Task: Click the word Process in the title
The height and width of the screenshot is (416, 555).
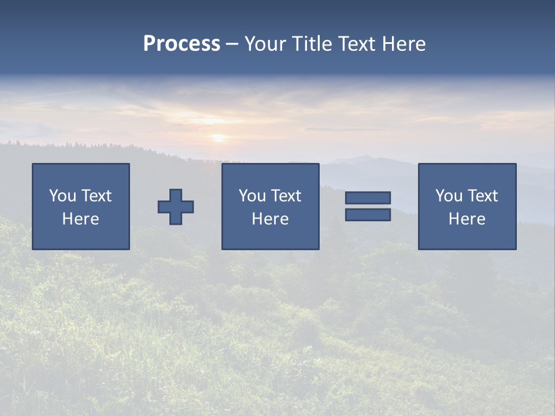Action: [182, 44]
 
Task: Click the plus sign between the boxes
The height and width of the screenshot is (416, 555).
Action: [176, 207]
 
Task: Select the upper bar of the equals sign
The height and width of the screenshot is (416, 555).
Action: [368, 198]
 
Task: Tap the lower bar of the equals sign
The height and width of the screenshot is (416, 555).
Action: [368, 215]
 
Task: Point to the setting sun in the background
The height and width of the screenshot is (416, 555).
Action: [219, 138]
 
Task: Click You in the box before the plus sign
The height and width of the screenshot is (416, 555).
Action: [62, 196]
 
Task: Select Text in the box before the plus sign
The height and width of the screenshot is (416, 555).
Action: [96, 196]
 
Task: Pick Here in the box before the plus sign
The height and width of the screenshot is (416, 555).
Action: [80, 219]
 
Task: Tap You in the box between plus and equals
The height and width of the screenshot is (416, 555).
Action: [252, 196]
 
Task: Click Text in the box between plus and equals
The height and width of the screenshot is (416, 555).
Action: [286, 196]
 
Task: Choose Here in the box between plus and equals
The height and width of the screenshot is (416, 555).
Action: [270, 219]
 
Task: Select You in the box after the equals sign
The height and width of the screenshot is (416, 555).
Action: [449, 196]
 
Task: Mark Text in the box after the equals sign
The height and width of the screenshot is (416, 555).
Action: [482, 196]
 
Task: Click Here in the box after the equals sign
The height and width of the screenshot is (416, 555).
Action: [467, 219]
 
